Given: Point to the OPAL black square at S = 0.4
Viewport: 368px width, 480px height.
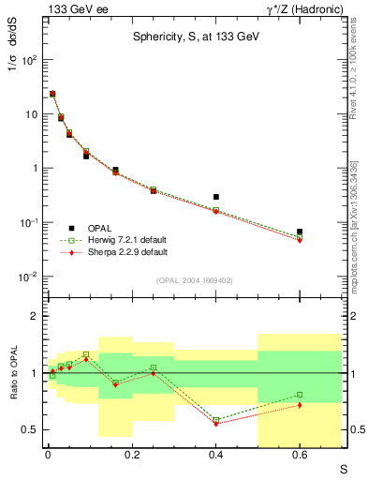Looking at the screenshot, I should tap(216, 197).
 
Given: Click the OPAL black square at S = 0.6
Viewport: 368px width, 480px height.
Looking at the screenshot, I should tap(300, 231).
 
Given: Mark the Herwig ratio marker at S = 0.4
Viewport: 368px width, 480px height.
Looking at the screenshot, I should tap(216, 420).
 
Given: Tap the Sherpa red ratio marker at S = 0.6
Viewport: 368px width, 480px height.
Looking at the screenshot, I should tap(300, 405).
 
